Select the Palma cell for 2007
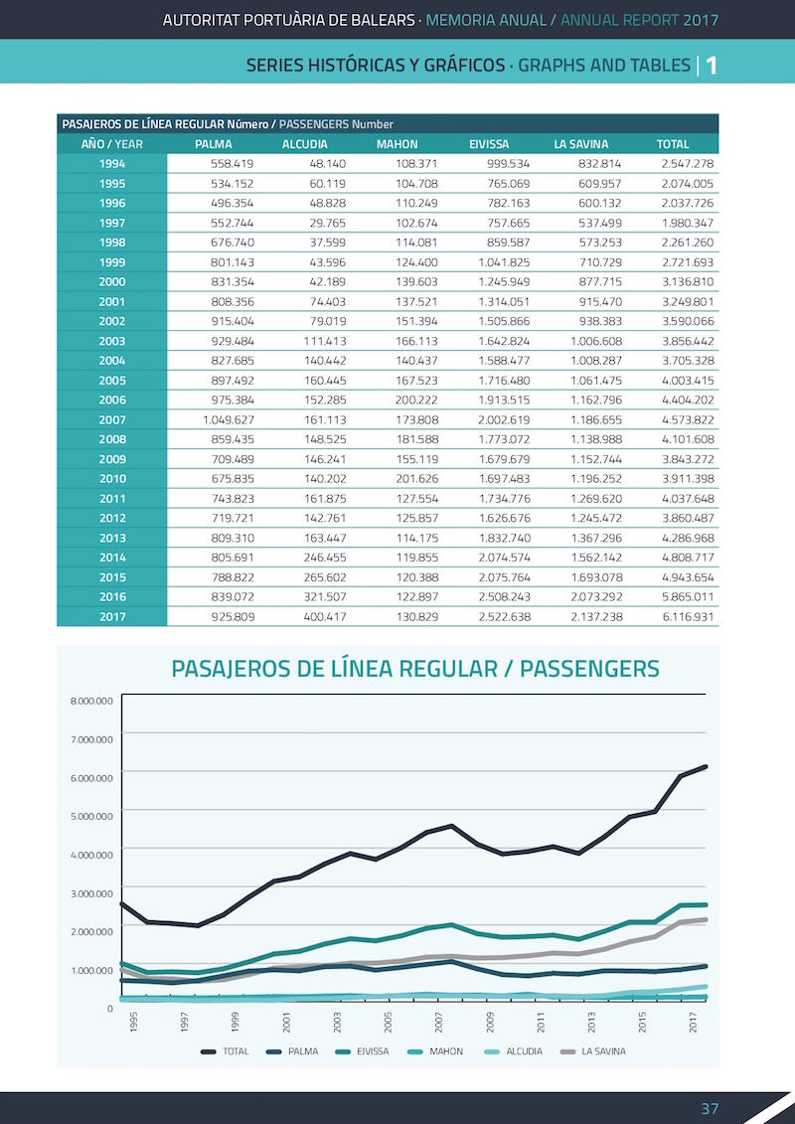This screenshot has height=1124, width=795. tap(229, 420)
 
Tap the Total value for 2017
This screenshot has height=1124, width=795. tap(688, 616)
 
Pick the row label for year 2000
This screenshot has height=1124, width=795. tap(112, 282)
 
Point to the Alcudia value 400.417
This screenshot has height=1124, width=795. tap(325, 616)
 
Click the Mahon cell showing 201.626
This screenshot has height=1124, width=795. tap(416, 479)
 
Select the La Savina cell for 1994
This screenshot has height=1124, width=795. tap(600, 164)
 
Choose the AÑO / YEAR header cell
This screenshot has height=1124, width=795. tap(112, 144)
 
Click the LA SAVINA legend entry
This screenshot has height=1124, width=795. tap(592, 1051)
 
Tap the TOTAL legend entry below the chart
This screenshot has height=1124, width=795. tap(225, 1051)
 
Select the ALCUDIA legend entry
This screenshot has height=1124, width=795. tap(514, 1051)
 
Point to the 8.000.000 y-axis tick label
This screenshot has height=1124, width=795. tap(91, 701)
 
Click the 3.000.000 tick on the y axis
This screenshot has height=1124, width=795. tap(91, 893)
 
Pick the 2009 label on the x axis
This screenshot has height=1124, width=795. tap(490, 1023)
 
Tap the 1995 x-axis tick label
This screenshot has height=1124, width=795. tap(133, 1023)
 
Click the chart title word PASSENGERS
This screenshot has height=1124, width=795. tap(590, 669)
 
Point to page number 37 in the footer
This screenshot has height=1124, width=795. tap(710, 1108)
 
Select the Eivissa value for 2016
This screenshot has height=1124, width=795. tap(505, 597)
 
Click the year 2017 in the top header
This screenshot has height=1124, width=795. tap(701, 20)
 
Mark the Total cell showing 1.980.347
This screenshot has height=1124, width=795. tap(688, 223)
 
